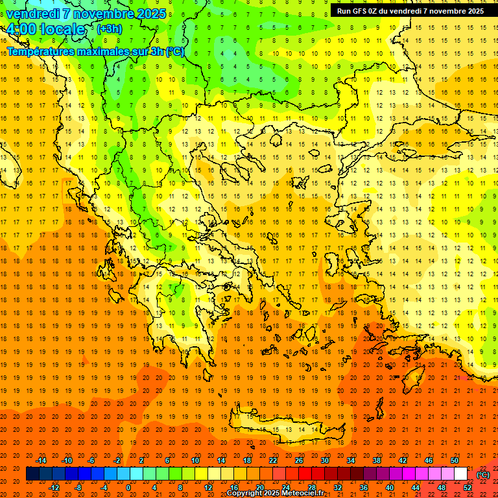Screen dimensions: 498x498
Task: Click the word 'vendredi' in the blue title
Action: coord(33,14)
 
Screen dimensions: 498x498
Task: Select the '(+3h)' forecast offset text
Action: coord(108,29)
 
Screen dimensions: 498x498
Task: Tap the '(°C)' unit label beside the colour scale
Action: coord(483,474)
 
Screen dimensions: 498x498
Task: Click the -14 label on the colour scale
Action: coord(41,460)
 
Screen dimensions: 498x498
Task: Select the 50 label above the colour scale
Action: coord(455,460)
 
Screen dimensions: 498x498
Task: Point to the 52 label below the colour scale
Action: coord(468,488)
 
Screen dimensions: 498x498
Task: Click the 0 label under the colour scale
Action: coord(128,488)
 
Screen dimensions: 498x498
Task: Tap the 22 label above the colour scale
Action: coord(273,460)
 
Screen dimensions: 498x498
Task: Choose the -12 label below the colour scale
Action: coord(54,488)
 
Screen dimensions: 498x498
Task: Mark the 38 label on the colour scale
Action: coord(377,460)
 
